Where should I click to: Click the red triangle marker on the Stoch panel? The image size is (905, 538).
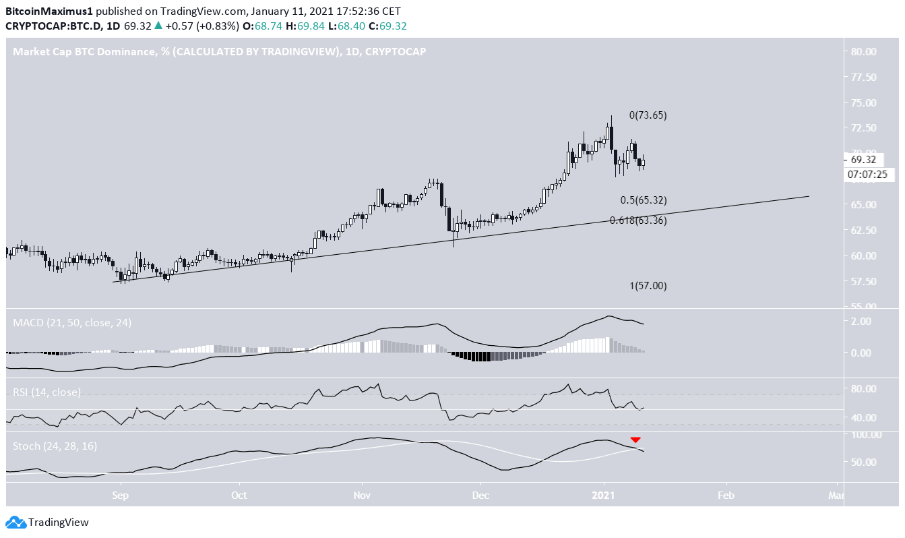coord(635,440)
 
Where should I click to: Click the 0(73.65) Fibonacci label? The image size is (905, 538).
coord(648,115)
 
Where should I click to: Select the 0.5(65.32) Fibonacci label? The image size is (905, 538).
coord(643,200)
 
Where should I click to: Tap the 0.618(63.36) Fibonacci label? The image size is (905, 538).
coord(637,220)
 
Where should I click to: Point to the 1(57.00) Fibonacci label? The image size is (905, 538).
coord(648,286)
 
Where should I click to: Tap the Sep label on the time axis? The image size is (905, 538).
coord(121,495)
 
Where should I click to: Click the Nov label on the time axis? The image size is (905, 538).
coord(363,495)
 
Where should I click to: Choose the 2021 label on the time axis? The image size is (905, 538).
coord(604,495)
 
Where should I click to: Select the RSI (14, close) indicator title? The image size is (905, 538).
coord(46,392)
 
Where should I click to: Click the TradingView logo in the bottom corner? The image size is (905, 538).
coord(47,522)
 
